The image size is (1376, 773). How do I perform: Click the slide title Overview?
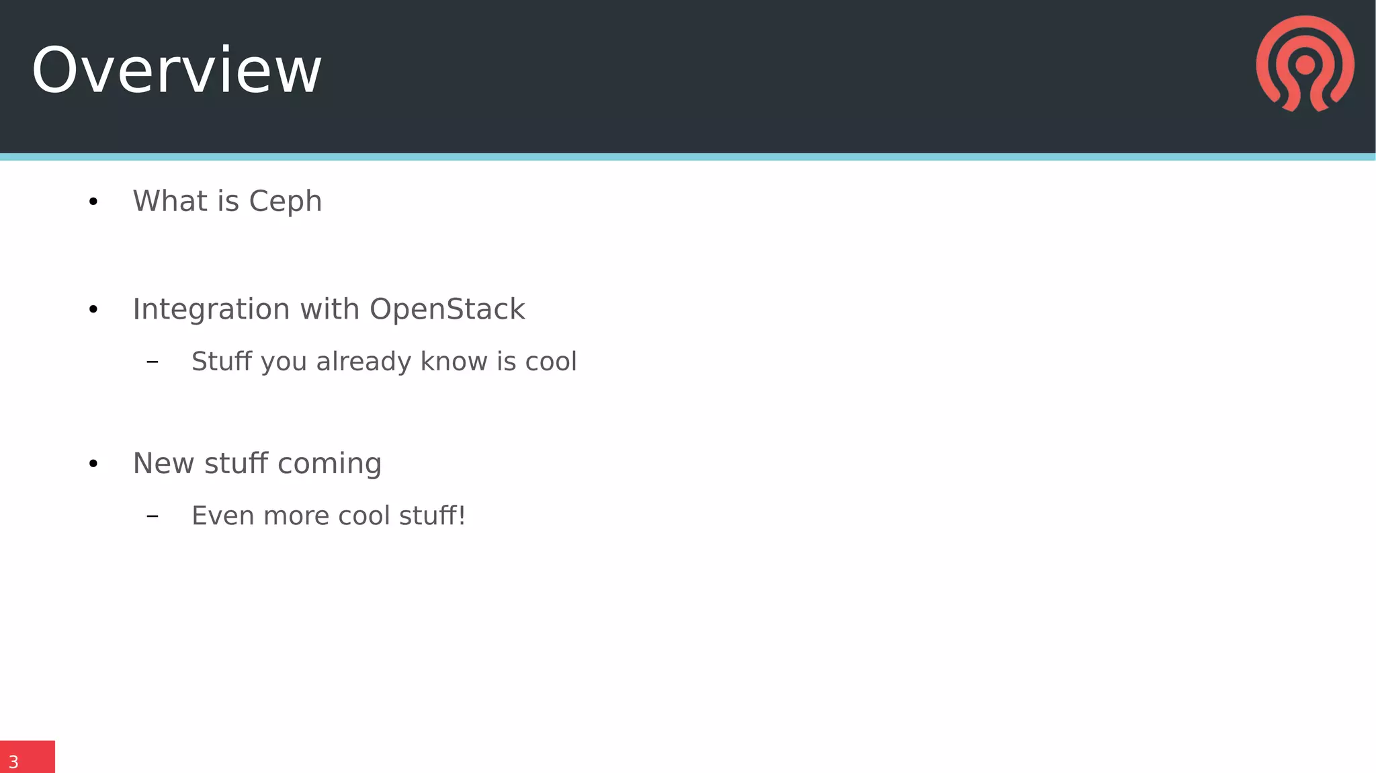(176, 71)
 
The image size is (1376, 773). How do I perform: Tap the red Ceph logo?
(1305, 64)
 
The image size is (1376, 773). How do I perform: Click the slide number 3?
(13, 762)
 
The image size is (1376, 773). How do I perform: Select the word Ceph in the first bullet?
(286, 202)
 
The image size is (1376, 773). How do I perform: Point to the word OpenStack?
(447, 309)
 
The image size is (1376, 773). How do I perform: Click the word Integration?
(211, 310)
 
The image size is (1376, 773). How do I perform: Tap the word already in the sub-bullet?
(363, 362)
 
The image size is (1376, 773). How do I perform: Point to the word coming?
(329, 464)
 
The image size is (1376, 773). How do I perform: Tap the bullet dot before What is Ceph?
(93, 202)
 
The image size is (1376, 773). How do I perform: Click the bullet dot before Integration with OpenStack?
(93, 309)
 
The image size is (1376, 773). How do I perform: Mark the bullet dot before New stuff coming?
(93, 464)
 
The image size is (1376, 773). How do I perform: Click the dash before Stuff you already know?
(153, 362)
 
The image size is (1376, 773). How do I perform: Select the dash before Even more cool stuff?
(153, 516)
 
